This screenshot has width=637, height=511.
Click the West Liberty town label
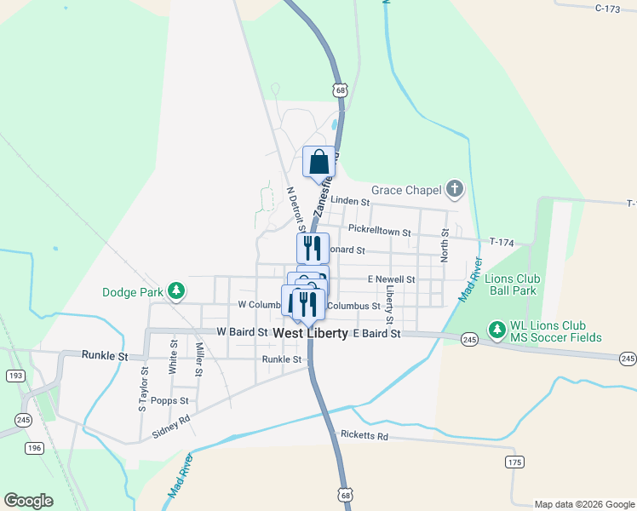click(x=310, y=334)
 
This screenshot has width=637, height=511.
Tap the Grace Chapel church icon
click(x=455, y=188)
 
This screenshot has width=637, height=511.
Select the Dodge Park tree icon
click(x=176, y=291)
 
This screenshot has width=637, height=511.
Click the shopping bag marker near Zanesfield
click(x=318, y=162)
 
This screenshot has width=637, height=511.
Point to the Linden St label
click(x=350, y=202)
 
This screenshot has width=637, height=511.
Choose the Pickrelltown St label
click(x=379, y=233)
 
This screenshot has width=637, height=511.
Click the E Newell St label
click(x=391, y=279)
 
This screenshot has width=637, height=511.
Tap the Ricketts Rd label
click(x=364, y=436)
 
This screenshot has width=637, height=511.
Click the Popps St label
click(x=171, y=400)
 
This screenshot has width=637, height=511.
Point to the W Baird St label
click(x=243, y=331)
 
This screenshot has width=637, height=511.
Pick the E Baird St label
click(x=376, y=334)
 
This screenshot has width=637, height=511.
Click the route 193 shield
click(x=15, y=375)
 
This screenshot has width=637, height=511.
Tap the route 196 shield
click(x=34, y=449)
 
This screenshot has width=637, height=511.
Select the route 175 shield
click(x=514, y=462)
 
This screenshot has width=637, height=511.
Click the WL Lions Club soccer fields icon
click(x=496, y=328)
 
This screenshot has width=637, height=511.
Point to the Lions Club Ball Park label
click(x=512, y=284)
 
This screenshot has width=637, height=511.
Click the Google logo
click(x=28, y=501)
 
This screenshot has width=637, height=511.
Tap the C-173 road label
click(x=607, y=9)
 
